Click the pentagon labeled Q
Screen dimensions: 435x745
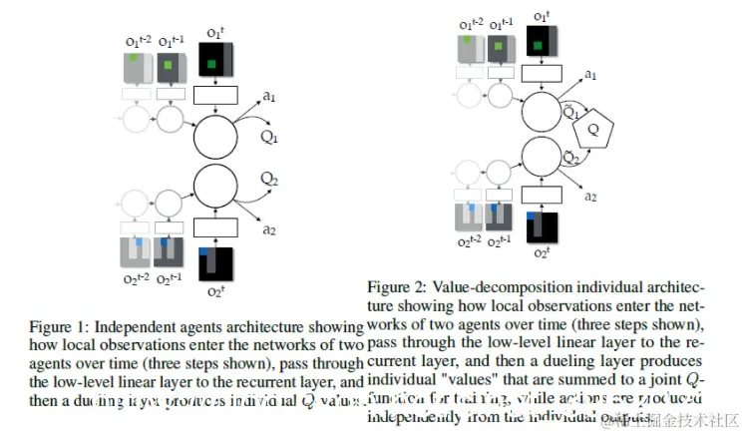[594, 128]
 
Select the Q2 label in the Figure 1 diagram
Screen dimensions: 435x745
[269, 178]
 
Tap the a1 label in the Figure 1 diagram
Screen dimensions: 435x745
[269, 96]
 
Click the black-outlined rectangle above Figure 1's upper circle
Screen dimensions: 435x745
[215, 96]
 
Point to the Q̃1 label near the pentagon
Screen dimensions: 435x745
[571, 113]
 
